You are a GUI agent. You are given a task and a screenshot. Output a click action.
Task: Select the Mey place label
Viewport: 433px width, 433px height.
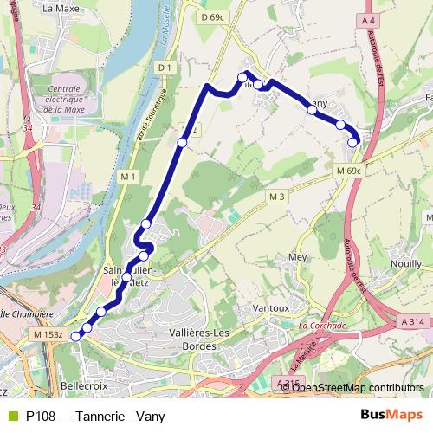[x=297, y=257]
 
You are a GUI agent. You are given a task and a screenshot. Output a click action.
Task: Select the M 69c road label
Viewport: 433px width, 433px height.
[x=349, y=171]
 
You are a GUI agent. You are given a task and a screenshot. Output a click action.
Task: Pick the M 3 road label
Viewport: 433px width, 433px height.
[x=276, y=197]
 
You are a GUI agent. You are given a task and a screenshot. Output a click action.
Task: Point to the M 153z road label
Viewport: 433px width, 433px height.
[x=48, y=333]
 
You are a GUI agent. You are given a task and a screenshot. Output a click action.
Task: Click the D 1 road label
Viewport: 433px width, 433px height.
[x=166, y=66]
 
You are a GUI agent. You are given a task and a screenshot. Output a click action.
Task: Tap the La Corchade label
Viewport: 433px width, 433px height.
[x=321, y=326]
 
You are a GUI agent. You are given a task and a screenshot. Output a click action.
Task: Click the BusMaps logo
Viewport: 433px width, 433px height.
[x=392, y=415]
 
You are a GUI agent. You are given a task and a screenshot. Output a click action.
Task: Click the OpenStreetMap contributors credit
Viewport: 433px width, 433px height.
[x=358, y=387]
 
